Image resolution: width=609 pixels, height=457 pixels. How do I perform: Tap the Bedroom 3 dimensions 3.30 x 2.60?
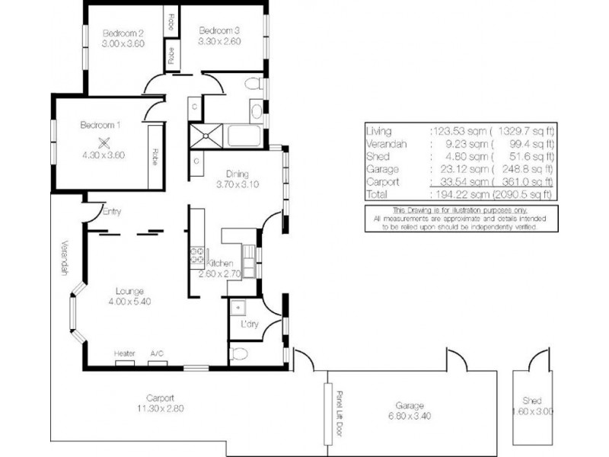tap(219, 42)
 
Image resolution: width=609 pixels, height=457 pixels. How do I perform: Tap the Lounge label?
tap(125, 290)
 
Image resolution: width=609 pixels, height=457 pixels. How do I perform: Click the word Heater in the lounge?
tap(125, 354)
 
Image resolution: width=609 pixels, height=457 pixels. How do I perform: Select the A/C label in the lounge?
tap(157, 354)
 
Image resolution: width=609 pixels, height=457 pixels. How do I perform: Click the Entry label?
tap(111, 213)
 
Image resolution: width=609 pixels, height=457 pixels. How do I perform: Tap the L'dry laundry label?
tap(249, 325)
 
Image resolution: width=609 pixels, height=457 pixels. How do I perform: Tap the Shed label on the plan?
tap(531, 401)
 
